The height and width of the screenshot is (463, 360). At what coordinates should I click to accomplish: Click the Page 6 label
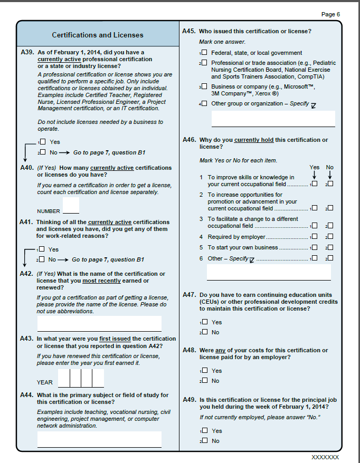pyautogui.click(x=331, y=14)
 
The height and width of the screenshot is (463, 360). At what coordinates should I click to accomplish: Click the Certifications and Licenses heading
pyautogui.click(x=97, y=35)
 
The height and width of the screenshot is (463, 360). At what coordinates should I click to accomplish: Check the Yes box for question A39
pyautogui.click(x=43, y=142)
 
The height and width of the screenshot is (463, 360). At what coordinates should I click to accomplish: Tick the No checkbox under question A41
pyautogui.click(x=43, y=259)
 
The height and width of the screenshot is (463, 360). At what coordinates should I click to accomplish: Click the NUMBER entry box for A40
pyautogui.click(x=71, y=205)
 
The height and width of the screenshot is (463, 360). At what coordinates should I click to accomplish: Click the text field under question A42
pyautogui.click(x=99, y=323)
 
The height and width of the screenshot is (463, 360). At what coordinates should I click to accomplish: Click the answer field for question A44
pyautogui.click(x=99, y=439)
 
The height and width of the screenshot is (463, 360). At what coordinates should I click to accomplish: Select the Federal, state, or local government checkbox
pyautogui.click(x=204, y=53)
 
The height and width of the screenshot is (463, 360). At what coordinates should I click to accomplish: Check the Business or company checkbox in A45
pyautogui.click(x=204, y=86)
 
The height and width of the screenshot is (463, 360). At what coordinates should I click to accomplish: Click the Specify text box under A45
pyautogui.click(x=273, y=118)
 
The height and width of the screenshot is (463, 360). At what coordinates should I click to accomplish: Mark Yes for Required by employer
pyautogui.click(x=315, y=237)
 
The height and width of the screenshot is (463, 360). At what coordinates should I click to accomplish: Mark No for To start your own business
pyautogui.click(x=330, y=247)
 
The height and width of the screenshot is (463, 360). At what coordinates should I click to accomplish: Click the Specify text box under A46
pyautogui.click(x=269, y=272)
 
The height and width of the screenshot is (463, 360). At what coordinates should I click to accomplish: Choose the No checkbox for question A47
pyautogui.click(x=204, y=332)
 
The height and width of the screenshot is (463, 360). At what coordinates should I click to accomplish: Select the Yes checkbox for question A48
pyautogui.click(x=204, y=371)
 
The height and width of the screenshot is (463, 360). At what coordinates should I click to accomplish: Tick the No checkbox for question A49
pyautogui.click(x=204, y=441)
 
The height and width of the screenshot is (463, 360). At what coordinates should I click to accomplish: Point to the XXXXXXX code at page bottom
pyautogui.click(x=325, y=457)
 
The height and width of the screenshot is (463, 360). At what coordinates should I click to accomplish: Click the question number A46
pyautogui.click(x=190, y=140)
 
